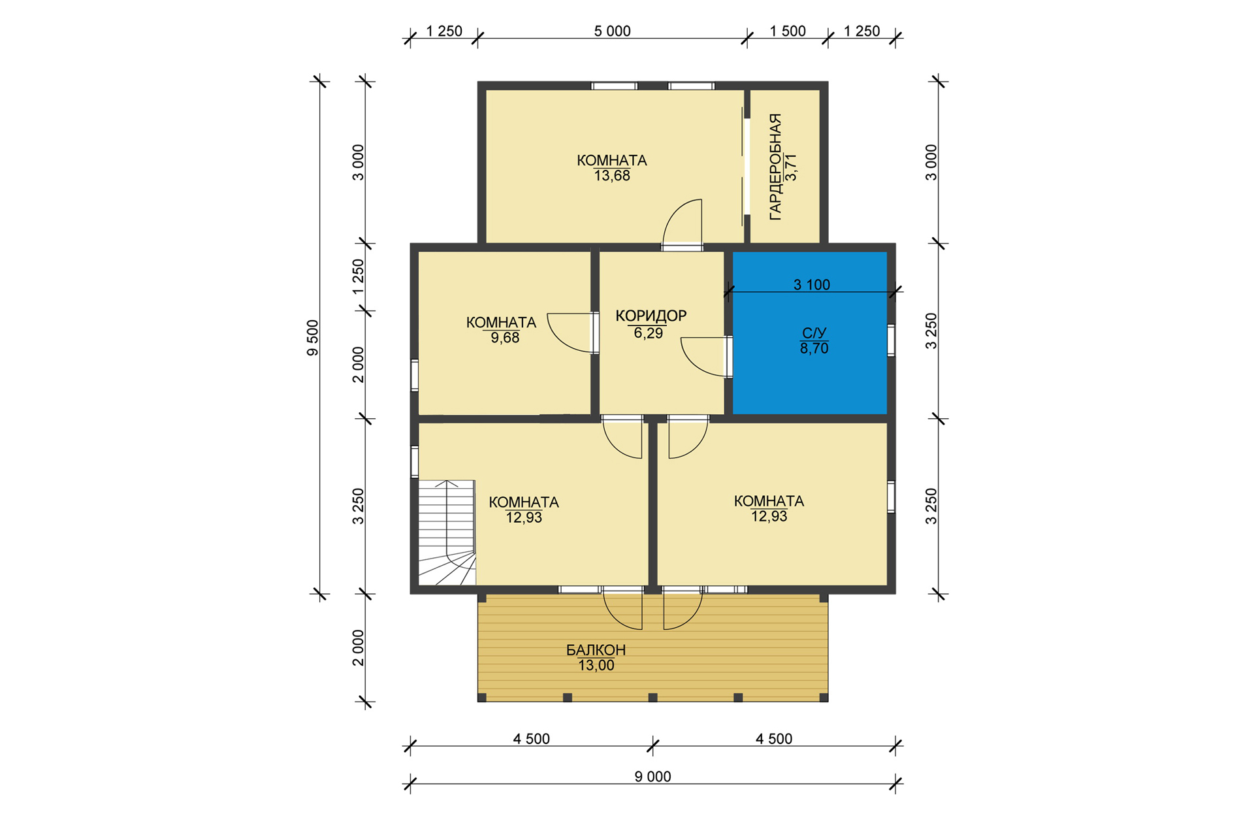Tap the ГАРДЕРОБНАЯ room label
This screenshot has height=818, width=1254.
coord(775,167)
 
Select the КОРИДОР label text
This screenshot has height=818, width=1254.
coord(651,316)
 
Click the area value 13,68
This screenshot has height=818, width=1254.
coord(612,176)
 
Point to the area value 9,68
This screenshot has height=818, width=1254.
coord(505,338)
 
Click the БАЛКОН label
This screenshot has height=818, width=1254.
coord(596,650)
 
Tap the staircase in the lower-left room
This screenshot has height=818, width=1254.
coord(447,532)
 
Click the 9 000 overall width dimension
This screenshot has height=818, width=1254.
coord(652,776)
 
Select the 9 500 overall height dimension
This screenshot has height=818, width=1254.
coord(313,338)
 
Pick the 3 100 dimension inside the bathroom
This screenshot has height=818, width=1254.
coord(812,284)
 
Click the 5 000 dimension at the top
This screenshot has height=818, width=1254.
coord(613,31)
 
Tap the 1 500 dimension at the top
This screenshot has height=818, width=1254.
coord(788,31)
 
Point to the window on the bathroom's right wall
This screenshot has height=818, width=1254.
coord(891,340)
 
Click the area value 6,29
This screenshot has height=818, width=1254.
coord(649,333)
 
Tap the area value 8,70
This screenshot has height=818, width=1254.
coord(814,348)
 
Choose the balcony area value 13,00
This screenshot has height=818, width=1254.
coord(596,666)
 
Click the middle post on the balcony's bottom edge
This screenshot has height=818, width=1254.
coord(652,698)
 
